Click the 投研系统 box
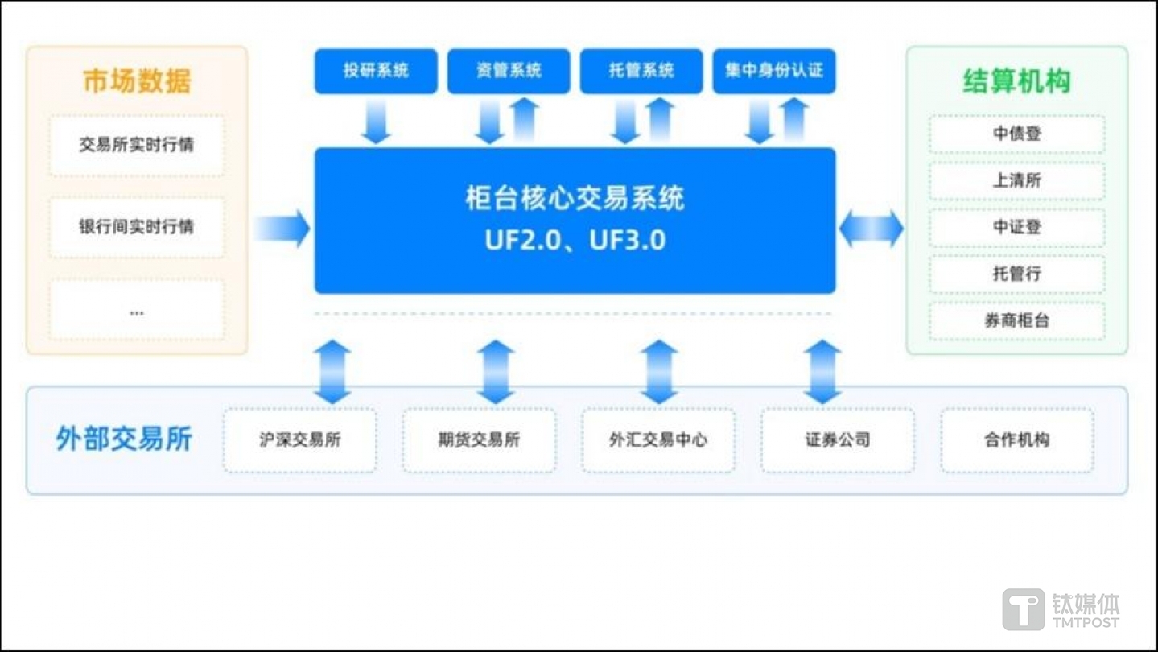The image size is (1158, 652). coord(376,71)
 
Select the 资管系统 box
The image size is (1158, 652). coord(509,71)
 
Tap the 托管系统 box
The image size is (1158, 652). coord(641,71)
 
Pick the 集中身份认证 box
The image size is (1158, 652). coord(774,71)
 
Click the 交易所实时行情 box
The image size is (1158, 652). coord(137,146)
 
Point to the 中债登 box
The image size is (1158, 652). coord(1017,134)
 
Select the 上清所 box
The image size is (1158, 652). coord(1017,181)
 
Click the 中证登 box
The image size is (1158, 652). coord(1017,228)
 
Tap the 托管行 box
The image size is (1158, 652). coord(1017,274)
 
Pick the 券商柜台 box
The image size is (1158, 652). coord(1017,321)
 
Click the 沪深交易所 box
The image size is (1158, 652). coord(300,440)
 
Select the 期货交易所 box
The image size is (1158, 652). coord(480,440)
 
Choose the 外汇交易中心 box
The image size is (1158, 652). coord(659,440)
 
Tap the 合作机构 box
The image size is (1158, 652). coord(1017,440)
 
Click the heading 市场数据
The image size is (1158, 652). coord(137,81)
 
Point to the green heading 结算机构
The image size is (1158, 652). coord(1017,81)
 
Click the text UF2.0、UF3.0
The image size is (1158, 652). coord(575,241)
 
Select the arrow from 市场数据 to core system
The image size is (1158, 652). coord(282,229)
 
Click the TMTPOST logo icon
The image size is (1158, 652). coord(1023,609)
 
